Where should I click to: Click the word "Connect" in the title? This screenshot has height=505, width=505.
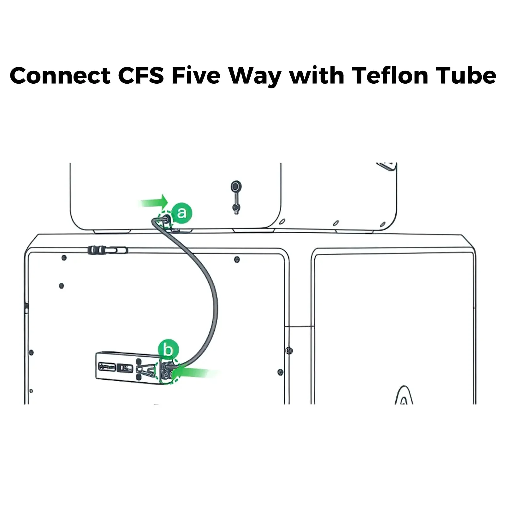pyautogui.click(x=60, y=75)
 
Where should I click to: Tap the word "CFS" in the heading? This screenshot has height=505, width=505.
pyautogui.click(x=141, y=75)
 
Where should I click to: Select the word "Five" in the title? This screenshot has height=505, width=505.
pyautogui.click(x=196, y=75)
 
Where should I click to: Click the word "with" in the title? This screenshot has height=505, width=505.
pyautogui.click(x=317, y=75)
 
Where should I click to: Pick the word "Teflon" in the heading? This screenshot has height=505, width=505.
pyautogui.click(x=390, y=75)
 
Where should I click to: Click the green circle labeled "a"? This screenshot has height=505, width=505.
pyautogui.click(x=182, y=213)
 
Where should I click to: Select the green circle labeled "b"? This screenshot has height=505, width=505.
pyautogui.click(x=168, y=350)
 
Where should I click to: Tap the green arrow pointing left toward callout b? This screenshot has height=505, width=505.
pyautogui.click(x=196, y=373)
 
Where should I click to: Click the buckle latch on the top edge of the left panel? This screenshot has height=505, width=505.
pyautogui.click(x=107, y=250)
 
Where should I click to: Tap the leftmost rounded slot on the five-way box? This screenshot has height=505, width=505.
pyautogui.click(x=106, y=367)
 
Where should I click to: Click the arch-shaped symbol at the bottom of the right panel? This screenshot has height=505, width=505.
pyautogui.click(x=404, y=395)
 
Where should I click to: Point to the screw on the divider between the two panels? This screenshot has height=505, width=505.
pyautogui.click(x=289, y=351)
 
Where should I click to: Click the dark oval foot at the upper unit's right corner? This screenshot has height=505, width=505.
pyautogui.click(x=383, y=224)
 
